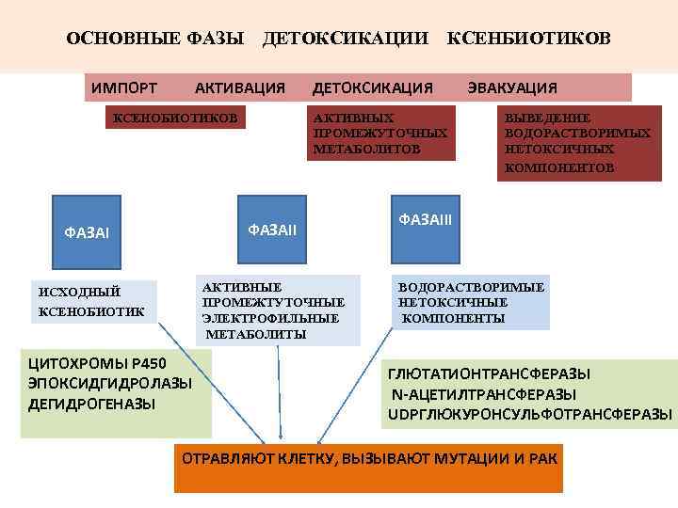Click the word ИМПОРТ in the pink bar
coord(124,88)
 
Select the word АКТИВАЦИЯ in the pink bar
coord(239,88)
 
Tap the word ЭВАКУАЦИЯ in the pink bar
coord(512,88)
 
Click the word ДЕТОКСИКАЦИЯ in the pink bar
coord(373,88)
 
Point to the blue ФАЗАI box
coord(87,231)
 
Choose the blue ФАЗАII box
coord(273,229)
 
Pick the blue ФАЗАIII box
coord(426,220)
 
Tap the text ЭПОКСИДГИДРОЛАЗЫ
coord(110,384)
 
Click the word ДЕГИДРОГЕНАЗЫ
coord(92,404)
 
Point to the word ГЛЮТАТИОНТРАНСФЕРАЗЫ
coord(489,374)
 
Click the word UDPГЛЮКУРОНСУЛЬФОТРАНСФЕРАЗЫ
coord(530,414)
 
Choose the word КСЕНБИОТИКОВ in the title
coord(528,38)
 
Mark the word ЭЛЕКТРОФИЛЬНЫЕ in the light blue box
coord(270,318)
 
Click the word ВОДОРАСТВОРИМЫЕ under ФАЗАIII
coord(472,287)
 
